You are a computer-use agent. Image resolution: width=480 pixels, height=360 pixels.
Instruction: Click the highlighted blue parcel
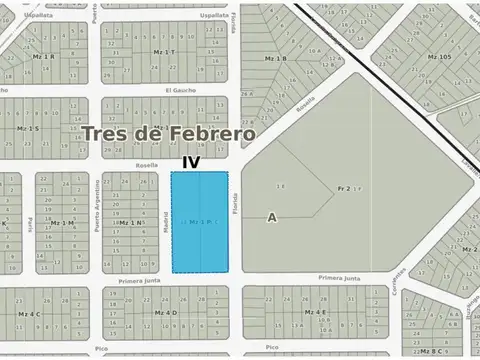(x=200, y=221)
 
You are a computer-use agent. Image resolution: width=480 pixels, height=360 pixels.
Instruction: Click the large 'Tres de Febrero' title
(x=168, y=133)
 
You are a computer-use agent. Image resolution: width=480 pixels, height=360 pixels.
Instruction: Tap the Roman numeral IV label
(x=191, y=160)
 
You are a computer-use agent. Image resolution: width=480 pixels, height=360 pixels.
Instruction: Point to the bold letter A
(x=271, y=217)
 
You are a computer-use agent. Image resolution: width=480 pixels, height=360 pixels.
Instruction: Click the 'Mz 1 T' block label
(x=164, y=51)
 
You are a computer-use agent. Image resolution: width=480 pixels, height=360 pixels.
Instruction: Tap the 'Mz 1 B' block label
(x=275, y=59)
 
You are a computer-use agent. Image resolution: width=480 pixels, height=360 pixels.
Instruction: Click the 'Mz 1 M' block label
(x=62, y=222)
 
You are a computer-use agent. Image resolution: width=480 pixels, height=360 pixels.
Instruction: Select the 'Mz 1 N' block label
(x=129, y=222)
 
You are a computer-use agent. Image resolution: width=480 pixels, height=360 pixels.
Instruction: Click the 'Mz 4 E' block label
(x=314, y=313)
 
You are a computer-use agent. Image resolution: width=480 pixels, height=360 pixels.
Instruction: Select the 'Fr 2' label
(x=343, y=187)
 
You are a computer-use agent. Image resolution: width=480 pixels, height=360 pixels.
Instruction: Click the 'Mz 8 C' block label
(x=431, y=352)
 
